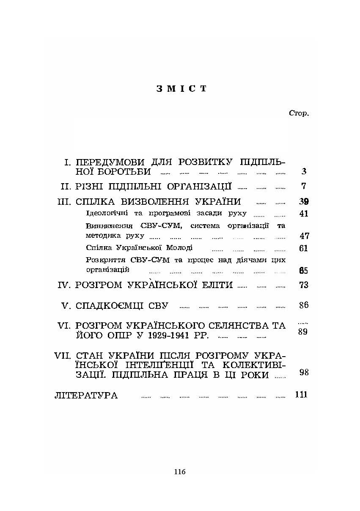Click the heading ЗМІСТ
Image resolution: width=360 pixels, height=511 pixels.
pos(181,88)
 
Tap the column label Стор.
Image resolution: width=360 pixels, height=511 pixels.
pos(299,113)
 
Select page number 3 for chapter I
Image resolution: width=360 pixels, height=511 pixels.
pos(304,172)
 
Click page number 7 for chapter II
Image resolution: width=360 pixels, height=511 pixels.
pos(304,186)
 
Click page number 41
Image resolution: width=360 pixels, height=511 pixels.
pos(303,214)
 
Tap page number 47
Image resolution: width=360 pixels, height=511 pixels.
pos(304,236)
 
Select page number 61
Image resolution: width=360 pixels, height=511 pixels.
pos(303,248)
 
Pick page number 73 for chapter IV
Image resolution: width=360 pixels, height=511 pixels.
pos(303,285)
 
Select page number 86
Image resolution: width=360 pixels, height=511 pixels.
pos(303,305)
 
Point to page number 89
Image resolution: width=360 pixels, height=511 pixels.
pos(302,332)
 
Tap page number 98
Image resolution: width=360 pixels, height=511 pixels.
pos(303,372)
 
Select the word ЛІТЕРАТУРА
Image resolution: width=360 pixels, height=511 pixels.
pos(86,396)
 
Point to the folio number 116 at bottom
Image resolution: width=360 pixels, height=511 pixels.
pos(180,472)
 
